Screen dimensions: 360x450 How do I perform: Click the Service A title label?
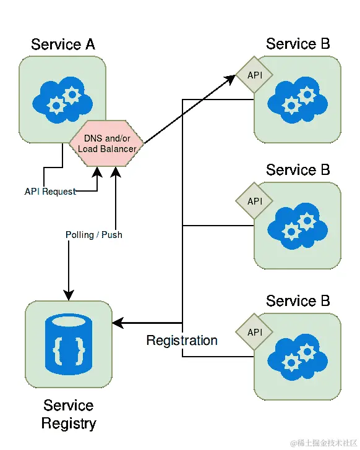(63, 45)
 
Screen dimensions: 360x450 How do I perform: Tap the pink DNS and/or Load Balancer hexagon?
(106, 143)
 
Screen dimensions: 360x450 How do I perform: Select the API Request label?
(50, 192)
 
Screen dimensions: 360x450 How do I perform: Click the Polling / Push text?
(94, 235)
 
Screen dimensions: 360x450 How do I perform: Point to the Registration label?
(182, 341)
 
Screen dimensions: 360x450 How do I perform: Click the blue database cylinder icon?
(69, 344)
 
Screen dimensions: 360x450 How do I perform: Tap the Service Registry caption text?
(69, 414)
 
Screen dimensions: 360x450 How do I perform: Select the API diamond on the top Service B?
(254, 75)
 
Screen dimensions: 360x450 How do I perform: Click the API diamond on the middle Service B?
(254, 201)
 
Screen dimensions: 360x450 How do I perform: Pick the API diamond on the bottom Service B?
(254, 332)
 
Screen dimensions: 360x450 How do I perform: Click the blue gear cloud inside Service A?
(62, 100)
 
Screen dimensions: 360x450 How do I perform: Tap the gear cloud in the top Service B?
(298, 100)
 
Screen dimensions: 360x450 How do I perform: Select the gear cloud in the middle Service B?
(298, 226)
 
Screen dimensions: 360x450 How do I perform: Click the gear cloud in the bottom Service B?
(298, 357)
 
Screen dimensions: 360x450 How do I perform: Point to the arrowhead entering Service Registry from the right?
(118, 323)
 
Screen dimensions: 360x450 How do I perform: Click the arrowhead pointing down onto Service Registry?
(69, 295)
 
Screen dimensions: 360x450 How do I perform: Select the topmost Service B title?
(298, 44)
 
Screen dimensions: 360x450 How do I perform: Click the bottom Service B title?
(298, 301)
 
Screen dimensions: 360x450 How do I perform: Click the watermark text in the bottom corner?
(324, 443)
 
